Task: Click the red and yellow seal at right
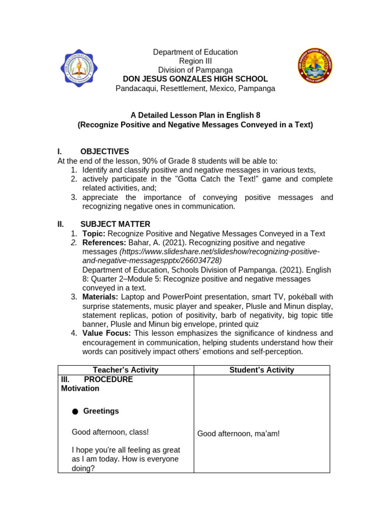pyautogui.click(x=315, y=66)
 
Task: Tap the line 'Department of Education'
pyautogui.click(x=195, y=52)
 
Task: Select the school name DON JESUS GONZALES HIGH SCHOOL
pyautogui.click(x=195, y=79)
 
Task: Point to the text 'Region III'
pyautogui.click(x=195, y=61)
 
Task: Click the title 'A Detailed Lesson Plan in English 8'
pyautogui.click(x=195, y=115)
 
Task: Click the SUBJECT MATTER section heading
pyautogui.click(x=115, y=224)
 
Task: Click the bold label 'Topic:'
pyautogui.click(x=94, y=234)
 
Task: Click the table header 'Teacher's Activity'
pyautogui.click(x=125, y=370)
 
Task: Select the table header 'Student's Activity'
pyautogui.click(x=262, y=370)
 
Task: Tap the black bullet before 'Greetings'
pyautogui.click(x=75, y=412)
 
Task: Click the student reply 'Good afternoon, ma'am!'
pyautogui.click(x=238, y=433)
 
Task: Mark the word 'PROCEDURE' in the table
pyautogui.click(x=108, y=380)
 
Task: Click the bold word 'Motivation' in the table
pyautogui.click(x=80, y=389)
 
